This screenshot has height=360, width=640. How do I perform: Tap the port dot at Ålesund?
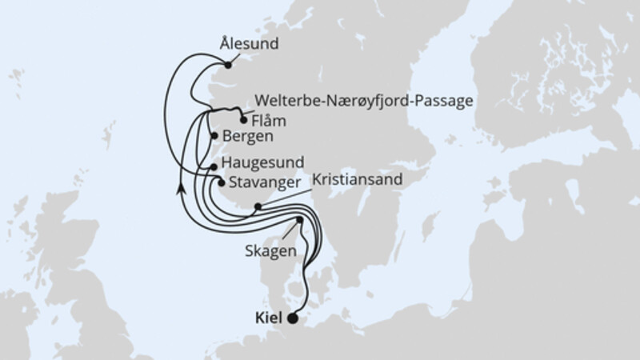click(x=228, y=66)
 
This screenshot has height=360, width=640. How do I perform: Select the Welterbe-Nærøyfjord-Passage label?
click(x=364, y=101)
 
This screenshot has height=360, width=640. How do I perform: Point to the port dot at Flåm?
click(x=243, y=122)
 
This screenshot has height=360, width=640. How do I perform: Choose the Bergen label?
click(x=249, y=137)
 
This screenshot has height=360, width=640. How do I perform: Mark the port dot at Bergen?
click(x=214, y=136)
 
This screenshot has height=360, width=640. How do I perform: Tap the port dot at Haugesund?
click(x=214, y=166)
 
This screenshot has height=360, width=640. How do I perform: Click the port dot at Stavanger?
click(x=220, y=182)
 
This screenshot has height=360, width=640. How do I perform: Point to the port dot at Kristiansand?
click(x=257, y=207)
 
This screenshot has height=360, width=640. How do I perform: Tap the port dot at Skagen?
click(x=299, y=219)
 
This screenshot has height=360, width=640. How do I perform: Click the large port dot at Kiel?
click(x=292, y=318)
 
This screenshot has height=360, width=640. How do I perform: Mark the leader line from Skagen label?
click(x=289, y=231)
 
